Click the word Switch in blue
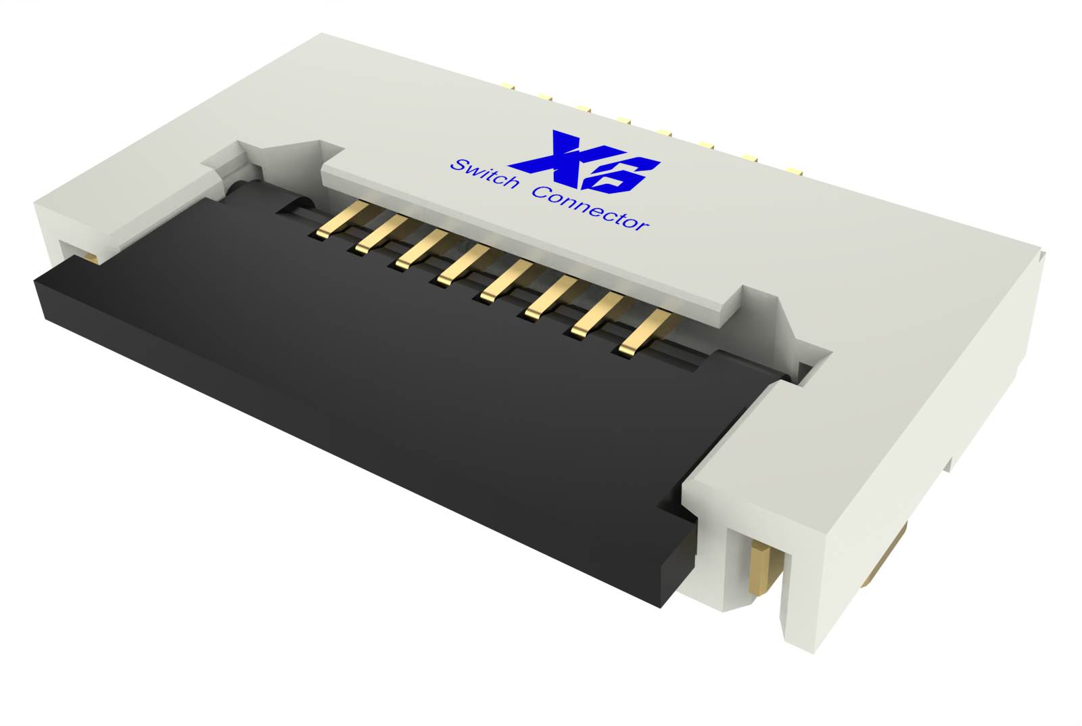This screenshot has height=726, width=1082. (484, 173)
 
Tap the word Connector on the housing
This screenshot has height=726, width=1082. (590, 209)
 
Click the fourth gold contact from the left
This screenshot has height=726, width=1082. (463, 265)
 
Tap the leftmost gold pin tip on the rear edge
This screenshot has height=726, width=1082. (507, 86)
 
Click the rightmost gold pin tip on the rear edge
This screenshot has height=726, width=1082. (795, 171)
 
